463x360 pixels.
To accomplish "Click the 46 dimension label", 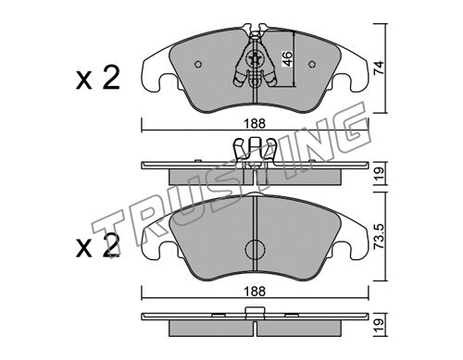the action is click(287, 59).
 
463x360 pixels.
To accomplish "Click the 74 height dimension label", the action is click(379, 68).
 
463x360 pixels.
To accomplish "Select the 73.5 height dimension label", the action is click(379, 236).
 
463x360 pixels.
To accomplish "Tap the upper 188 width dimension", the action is click(255, 124).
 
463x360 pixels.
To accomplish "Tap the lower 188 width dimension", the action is click(255, 292).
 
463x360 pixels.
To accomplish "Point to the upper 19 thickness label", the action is click(379, 174).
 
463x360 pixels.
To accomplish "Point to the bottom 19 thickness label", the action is click(379, 325).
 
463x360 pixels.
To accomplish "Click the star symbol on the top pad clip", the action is click(255, 59).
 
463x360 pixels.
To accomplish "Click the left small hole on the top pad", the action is click(198, 64).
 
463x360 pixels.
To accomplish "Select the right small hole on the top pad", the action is click(312, 64).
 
